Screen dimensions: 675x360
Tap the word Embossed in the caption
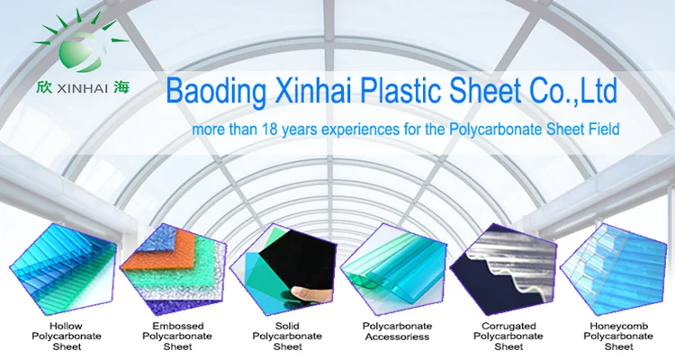[x=176, y=325]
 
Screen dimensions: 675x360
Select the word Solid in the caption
[x=287, y=325]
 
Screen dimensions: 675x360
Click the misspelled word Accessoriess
[x=397, y=337]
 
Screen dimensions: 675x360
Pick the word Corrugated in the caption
[x=508, y=325]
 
